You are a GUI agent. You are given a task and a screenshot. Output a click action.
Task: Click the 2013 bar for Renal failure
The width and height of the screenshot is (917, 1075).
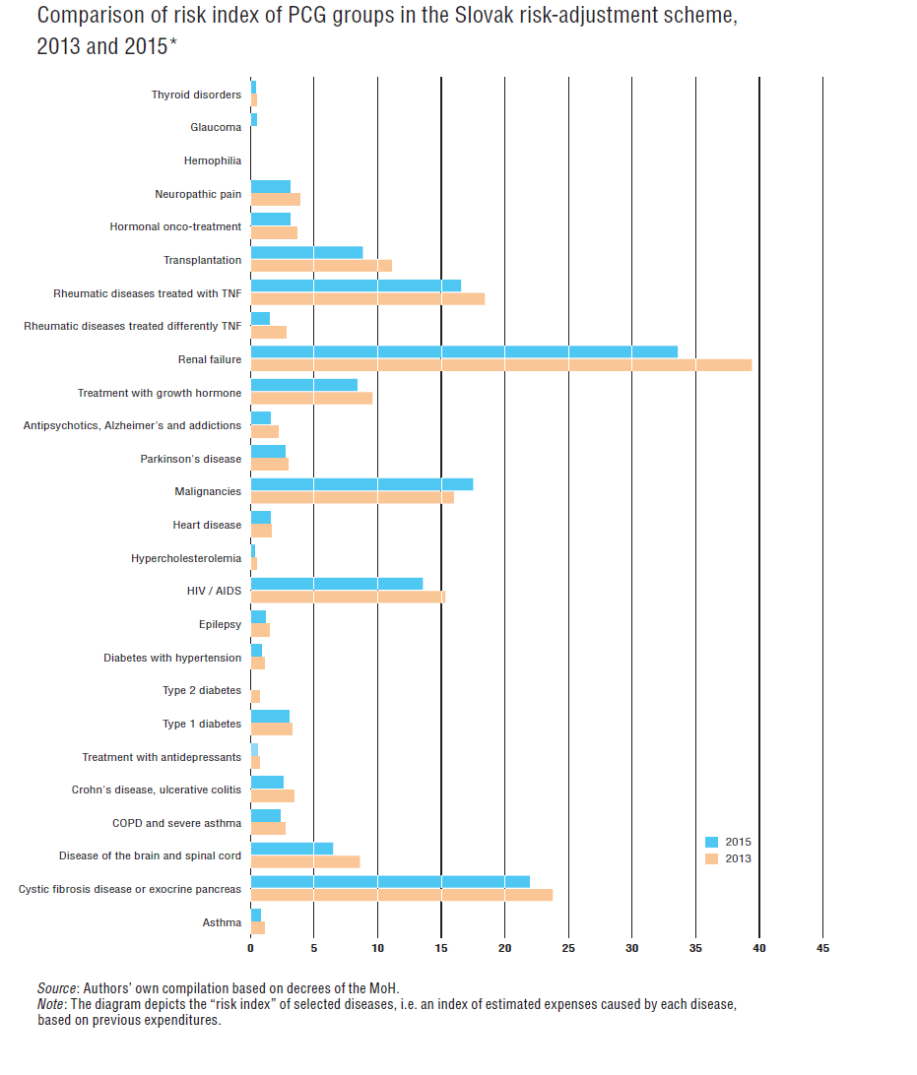(501, 365)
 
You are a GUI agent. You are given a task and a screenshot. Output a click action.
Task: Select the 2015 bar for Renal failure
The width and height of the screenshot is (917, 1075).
(464, 351)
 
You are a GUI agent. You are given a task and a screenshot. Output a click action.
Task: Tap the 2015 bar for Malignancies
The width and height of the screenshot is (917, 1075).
(362, 484)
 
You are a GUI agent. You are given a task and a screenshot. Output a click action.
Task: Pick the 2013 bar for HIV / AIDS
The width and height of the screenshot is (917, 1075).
(349, 598)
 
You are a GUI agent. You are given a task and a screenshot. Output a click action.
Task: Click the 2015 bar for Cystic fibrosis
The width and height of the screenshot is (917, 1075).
(390, 882)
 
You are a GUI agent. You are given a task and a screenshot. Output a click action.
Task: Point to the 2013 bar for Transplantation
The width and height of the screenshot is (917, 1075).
(322, 266)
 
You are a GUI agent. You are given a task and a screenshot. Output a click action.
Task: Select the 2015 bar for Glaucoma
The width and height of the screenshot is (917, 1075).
(254, 120)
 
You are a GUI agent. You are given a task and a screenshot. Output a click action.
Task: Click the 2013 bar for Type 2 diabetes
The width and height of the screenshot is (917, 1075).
(255, 697)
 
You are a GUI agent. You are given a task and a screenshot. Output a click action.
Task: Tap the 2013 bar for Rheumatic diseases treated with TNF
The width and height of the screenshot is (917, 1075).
(367, 299)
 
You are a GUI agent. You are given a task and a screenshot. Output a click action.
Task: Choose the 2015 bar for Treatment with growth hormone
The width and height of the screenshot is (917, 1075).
(304, 385)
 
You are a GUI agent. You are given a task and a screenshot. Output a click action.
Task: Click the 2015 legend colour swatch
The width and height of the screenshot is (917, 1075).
(712, 843)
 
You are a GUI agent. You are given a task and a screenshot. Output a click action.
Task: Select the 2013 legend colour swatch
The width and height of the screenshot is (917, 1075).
(712, 859)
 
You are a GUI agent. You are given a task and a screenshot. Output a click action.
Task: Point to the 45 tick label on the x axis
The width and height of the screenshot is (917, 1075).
(823, 948)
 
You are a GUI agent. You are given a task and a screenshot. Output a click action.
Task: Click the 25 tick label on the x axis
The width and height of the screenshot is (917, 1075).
(568, 948)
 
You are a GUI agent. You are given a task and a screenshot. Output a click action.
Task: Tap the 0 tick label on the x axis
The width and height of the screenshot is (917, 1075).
(250, 948)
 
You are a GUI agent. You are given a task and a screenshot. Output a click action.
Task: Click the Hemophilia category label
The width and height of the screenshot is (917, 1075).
(213, 160)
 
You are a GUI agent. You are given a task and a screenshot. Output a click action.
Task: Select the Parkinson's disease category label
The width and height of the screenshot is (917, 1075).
(191, 459)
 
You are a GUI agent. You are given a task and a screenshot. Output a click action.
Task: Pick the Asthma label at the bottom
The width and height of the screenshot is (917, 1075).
(222, 922)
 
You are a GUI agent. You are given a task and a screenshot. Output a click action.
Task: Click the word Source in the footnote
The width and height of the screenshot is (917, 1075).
(57, 988)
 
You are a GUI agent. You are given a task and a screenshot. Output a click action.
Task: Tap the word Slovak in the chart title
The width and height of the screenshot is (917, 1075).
(485, 15)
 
